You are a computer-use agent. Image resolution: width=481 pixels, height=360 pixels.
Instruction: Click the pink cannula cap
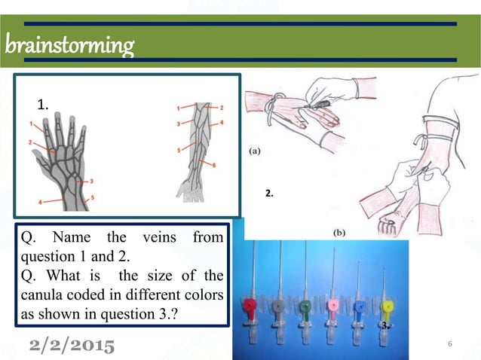(x=332, y=307)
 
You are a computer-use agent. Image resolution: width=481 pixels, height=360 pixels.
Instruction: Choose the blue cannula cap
(x=360, y=307)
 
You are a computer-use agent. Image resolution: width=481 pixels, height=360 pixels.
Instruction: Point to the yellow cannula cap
(x=388, y=307)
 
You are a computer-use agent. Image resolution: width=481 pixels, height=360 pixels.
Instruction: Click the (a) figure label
(x=256, y=150)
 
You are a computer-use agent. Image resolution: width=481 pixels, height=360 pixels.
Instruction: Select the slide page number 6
(x=449, y=345)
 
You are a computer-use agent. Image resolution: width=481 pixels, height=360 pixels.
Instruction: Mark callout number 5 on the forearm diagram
(x=179, y=150)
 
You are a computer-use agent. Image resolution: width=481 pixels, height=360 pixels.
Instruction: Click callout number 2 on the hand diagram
(x=32, y=141)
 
